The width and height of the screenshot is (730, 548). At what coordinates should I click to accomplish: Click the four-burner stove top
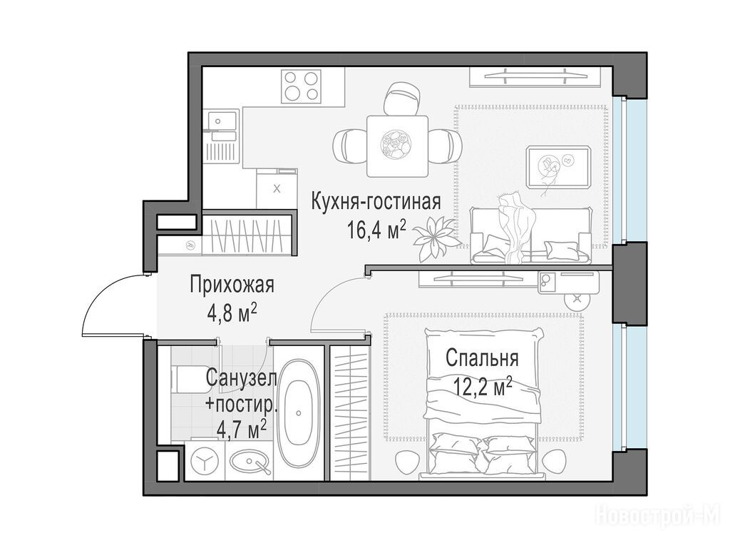click(x=301, y=86)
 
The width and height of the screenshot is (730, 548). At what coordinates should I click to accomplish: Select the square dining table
click(x=397, y=146)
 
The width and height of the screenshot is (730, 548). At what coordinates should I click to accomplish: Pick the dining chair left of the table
click(x=350, y=145)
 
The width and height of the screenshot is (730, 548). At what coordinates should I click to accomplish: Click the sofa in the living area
click(x=530, y=234)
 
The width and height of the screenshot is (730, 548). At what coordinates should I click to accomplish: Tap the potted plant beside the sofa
click(x=433, y=238)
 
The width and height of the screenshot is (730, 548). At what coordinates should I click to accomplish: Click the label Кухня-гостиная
click(x=376, y=203)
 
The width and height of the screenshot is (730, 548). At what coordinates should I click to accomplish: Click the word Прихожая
click(x=232, y=285)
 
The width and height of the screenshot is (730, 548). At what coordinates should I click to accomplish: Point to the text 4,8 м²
click(x=232, y=313)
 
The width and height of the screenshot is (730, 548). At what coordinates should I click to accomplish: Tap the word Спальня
click(x=482, y=359)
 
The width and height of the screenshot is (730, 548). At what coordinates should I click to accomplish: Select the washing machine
click(x=205, y=462)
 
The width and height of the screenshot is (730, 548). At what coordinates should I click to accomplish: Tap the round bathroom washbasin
click(x=250, y=462)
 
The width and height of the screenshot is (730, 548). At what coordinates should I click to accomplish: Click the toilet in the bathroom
click(x=185, y=380)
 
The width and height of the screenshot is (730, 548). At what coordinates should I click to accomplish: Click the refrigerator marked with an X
click(x=277, y=188)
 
